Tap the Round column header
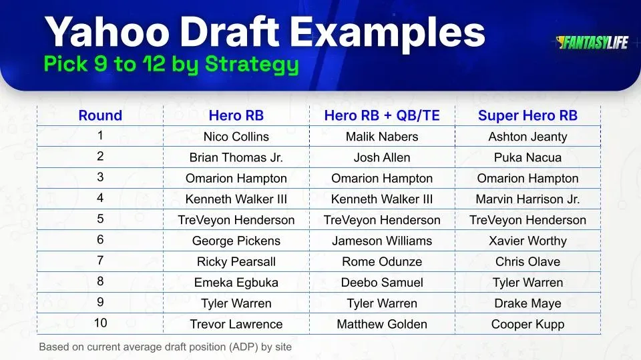pyautogui.click(x=100, y=115)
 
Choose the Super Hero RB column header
pyautogui.click(x=527, y=115)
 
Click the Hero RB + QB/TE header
pyautogui.click(x=382, y=115)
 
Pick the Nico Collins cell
pyautogui.click(x=236, y=137)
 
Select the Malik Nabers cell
pyautogui.click(x=382, y=137)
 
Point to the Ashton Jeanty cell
pyautogui.click(x=527, y=137)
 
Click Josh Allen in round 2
pyautogui.click(x=382, y=157)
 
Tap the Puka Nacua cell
pyautogui.click(x=527, y=157)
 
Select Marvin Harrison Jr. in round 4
pyautogui.click(x=527, y=199)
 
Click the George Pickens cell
pyautogui.click(x=236, y=241)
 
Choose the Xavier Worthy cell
pyautogui.click(x=527, y=241)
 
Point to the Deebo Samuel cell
pyautogui.click(x=382, y=283)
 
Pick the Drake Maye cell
pyautogui.click(x=527, y=303)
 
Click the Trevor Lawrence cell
pyautogui.click(x=236, y=324)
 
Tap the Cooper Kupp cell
pyautogui.click(x=527, y=324)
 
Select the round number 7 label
pyautogui.click(x=100, y=261)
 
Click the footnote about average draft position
pyautogui.click(x=165, y=347)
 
